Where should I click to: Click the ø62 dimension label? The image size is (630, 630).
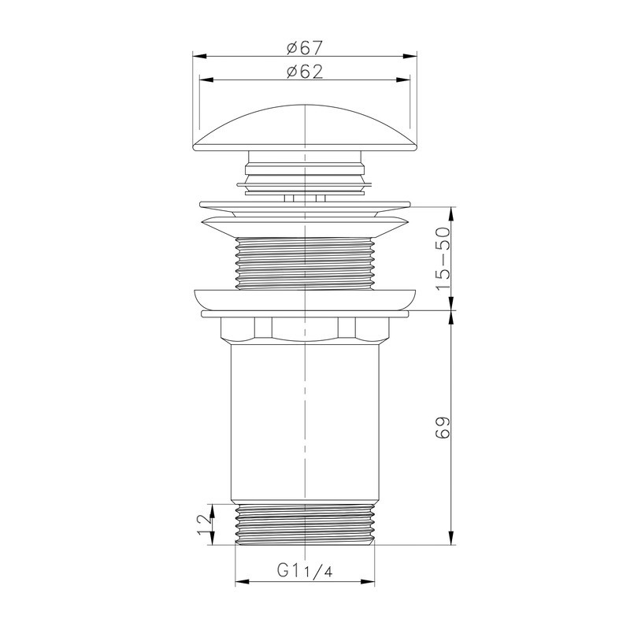(305, 71)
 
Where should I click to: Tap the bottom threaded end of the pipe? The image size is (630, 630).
(305, 523)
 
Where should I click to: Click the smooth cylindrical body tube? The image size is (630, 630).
(305, 421)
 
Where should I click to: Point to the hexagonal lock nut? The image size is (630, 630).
(305, 329)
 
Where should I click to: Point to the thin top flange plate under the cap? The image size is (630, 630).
(305, 202)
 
